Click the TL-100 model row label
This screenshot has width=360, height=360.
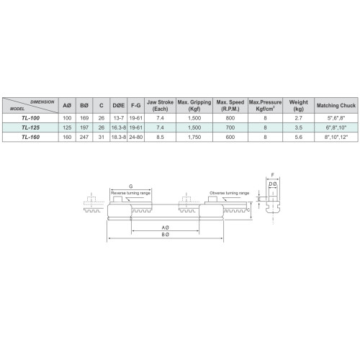coord(30,118)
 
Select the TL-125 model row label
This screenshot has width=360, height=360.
coord(30,127)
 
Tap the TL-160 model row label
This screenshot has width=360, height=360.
coord(30,137)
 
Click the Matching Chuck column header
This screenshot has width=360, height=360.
coord(336,105)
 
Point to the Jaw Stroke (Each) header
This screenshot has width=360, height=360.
coord(160,105)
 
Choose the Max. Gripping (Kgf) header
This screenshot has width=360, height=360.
coord(194,105)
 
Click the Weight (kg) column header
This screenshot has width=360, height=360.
coord(299,105)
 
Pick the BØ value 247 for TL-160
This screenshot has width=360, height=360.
coord(84,137)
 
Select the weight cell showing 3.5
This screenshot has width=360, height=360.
coord(299,127)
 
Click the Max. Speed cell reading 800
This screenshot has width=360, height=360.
coord(230,118)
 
